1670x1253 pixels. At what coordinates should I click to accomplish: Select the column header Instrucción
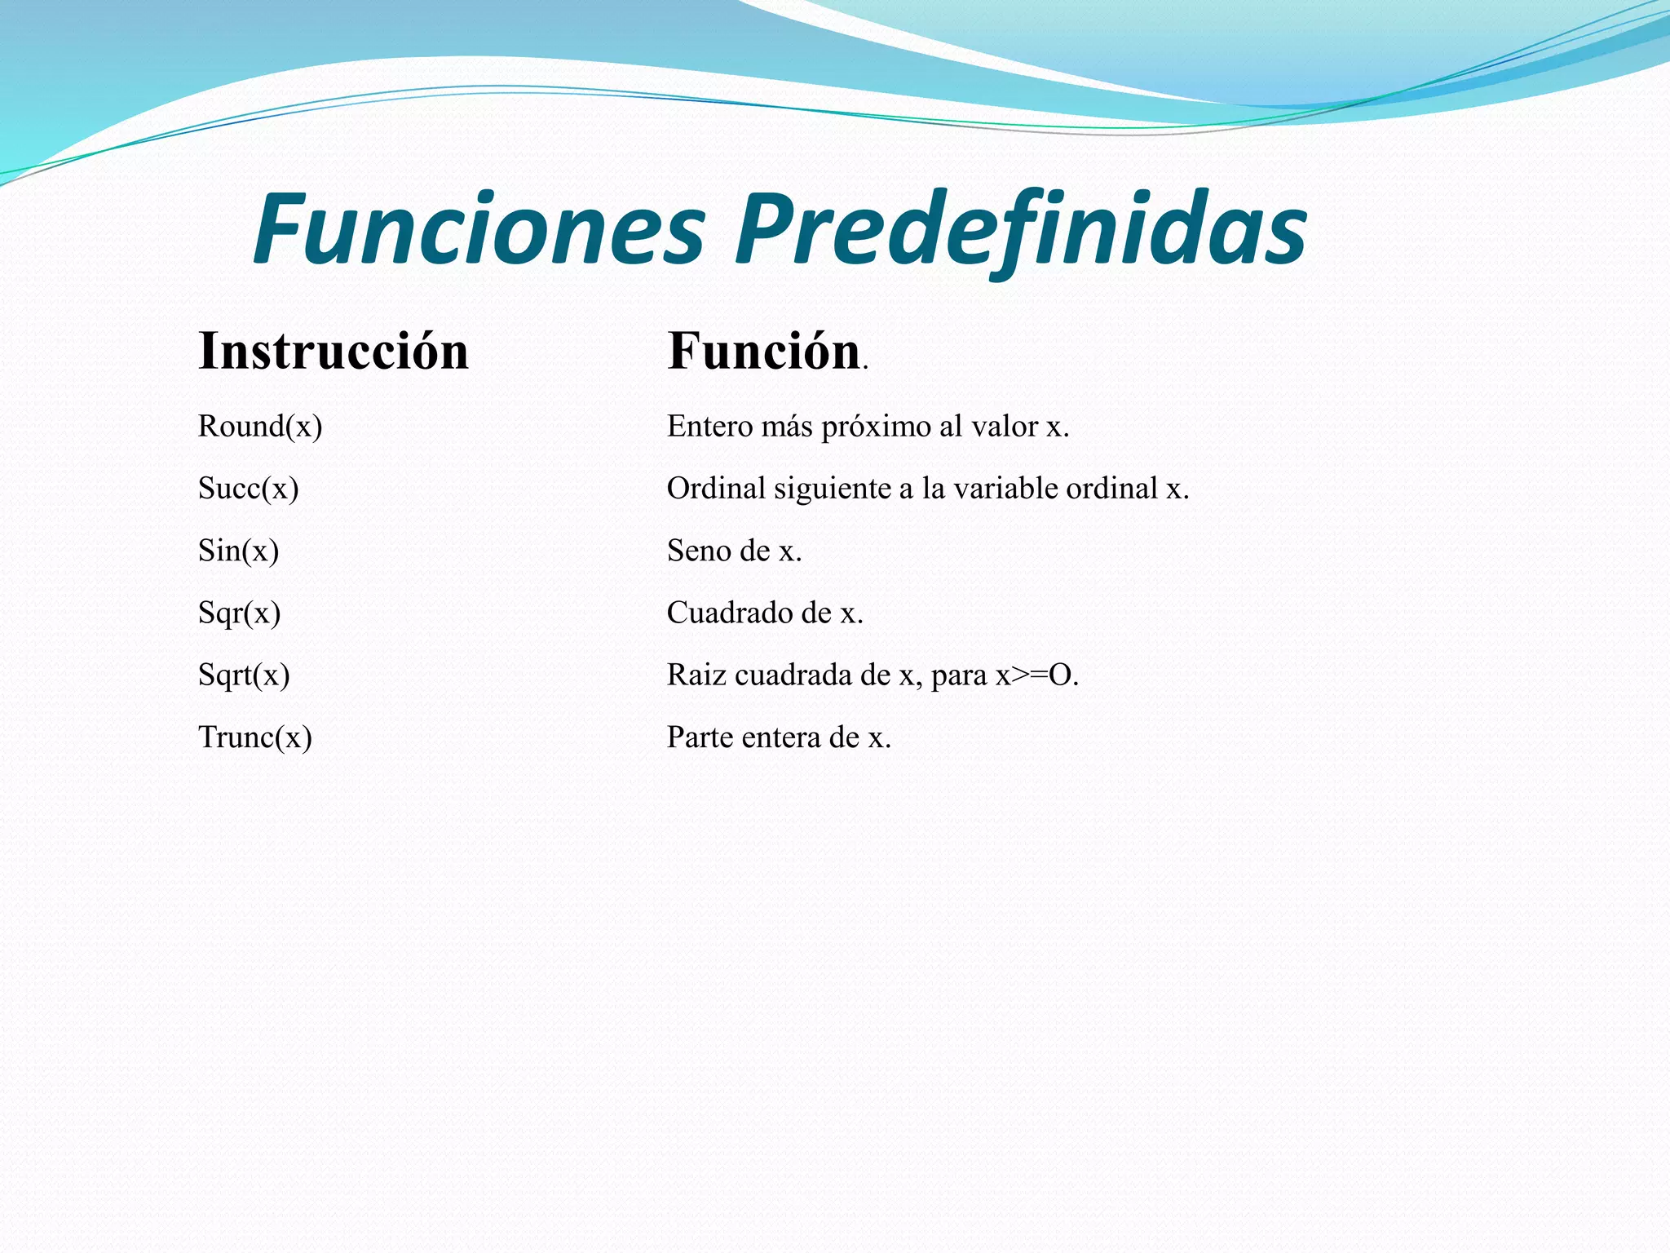point(334,352)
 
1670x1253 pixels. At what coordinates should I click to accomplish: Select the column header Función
point(764,352)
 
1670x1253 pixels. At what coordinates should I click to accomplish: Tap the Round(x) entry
point(260,427)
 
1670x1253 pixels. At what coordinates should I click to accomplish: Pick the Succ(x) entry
point(249,489)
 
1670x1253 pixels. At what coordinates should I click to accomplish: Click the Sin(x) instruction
point(239,551)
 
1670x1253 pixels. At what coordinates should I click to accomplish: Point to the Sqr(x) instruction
point(240,613)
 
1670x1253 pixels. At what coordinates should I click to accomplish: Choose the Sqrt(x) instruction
point(244,675)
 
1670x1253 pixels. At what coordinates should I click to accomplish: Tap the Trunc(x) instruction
point(255,737)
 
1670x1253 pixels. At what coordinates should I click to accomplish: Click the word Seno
point(699,551)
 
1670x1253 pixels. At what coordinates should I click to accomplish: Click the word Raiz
point(696,675)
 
